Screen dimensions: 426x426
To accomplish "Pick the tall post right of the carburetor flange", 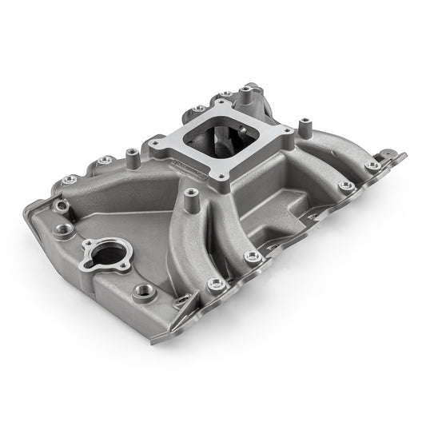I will pos(305,124).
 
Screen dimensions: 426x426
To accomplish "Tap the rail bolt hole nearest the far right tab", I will pos(372,165).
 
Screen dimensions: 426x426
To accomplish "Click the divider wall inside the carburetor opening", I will pos(214,146).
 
